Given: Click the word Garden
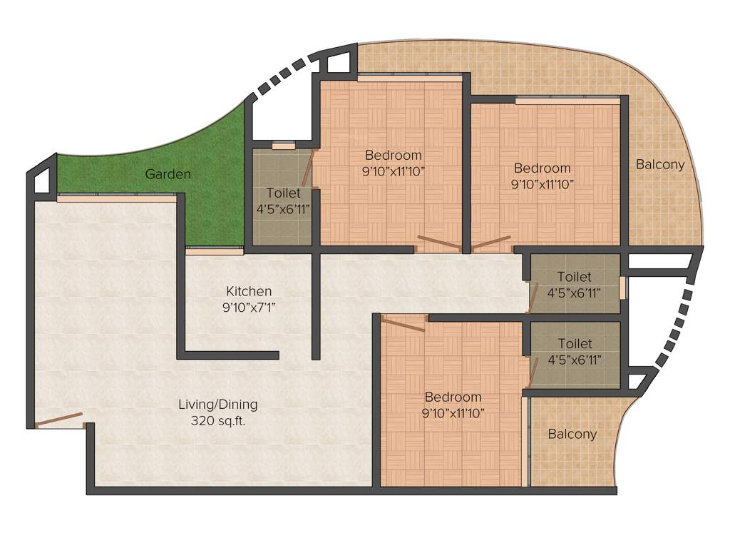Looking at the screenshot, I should point(168,173).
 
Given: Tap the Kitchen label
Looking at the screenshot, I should point(249,291).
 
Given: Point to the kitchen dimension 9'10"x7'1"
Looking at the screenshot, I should point(249,307).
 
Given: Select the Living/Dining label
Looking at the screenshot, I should point(217,405).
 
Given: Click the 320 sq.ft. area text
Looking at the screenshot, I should point(217,420).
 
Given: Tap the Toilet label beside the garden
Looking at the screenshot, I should point(283,193).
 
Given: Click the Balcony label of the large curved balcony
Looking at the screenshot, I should point(660,164).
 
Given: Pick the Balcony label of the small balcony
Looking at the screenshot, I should point(572,434).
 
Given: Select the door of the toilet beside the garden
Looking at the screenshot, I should point(308,168).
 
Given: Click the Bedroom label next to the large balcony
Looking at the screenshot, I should point(543,168).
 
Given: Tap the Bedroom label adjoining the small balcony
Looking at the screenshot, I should point(453,397).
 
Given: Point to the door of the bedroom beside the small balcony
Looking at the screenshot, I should point(403,325).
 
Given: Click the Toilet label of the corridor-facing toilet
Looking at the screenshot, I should point(574,276).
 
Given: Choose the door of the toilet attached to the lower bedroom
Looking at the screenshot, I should point(533,370).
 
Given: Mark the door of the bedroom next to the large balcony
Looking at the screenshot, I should point(491,243).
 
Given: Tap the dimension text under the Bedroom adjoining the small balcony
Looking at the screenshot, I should point(453,413).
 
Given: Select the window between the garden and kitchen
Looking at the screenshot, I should point(215,250).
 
